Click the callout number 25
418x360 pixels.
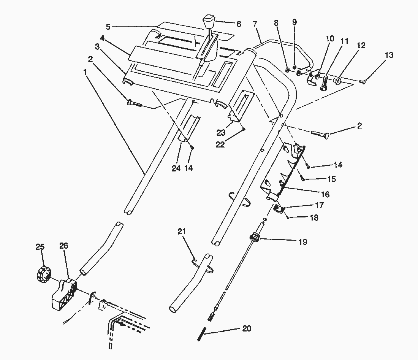(40, 247)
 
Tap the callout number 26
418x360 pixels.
(64, 246)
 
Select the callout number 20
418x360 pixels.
(247, 328)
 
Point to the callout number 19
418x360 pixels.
(302, 242)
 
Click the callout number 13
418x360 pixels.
(389, 55)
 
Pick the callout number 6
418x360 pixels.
(239, 24)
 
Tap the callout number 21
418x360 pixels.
(182, 232)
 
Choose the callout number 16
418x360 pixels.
(325, 194)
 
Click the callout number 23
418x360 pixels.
(221, 132)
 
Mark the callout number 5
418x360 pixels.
(108, 27)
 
